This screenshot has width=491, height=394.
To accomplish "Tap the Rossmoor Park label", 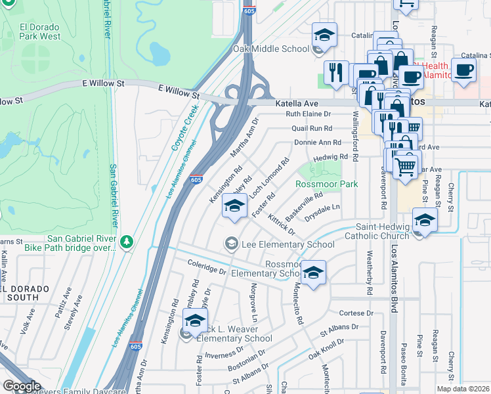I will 327,185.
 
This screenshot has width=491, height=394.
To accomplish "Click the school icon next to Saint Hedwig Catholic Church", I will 425,221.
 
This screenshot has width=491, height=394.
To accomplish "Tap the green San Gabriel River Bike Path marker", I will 127,243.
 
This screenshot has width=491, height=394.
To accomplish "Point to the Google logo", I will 22,385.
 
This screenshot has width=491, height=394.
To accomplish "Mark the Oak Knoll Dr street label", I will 326,351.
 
